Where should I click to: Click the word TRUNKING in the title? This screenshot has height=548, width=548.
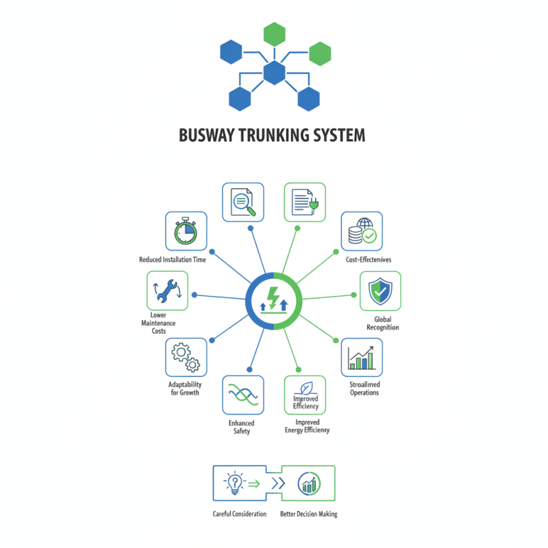[x=269, y=135]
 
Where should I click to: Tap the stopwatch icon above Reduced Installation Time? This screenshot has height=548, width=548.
[x=186, y=232]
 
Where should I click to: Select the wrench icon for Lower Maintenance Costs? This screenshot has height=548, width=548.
[x=168, y=291]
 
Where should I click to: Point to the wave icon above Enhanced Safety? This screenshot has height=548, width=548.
[x=243, y=395]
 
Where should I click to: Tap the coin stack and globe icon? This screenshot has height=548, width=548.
[x=361, y=232]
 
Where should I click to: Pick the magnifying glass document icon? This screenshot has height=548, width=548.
[x=243, y=203]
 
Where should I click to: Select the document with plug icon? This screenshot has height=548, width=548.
[x=304, y=203]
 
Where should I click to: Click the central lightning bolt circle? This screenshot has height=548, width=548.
[x=274, y=301]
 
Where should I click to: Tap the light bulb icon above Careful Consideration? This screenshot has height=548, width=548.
[x=235, y=484]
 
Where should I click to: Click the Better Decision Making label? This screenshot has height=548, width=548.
[x=308, y=514]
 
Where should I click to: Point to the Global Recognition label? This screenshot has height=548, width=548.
[x=382, y=323]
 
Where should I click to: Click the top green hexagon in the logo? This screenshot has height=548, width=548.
[x=274, y=33]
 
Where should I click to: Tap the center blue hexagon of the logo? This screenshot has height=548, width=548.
[x=274, y=72]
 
